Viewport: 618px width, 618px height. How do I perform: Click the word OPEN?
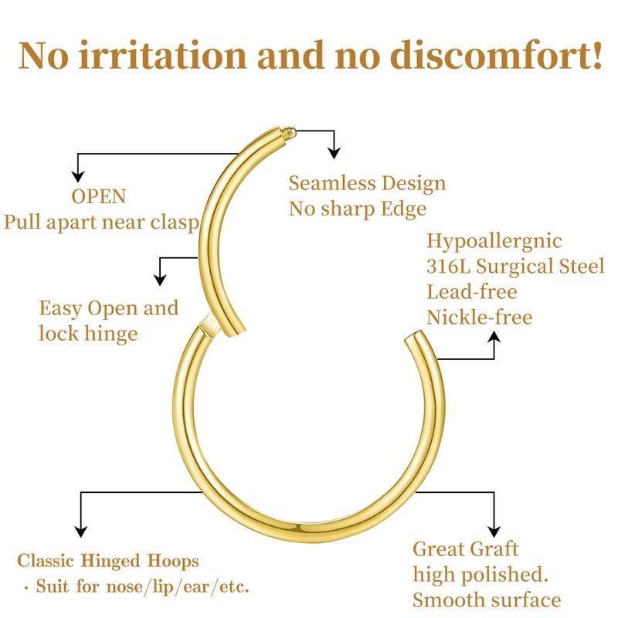(98, 196)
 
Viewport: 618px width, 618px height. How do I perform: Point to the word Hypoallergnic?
(494, 241)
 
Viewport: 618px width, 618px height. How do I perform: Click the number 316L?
(447, 267)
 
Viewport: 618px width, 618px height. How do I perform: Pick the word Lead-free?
(472, 292)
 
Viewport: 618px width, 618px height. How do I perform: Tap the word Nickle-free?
(479, 317)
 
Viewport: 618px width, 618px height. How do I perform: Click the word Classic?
(48, 561)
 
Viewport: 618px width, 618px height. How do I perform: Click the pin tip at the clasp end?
(287, 134)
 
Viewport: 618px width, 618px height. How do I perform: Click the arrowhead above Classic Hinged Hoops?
(80, 531)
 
